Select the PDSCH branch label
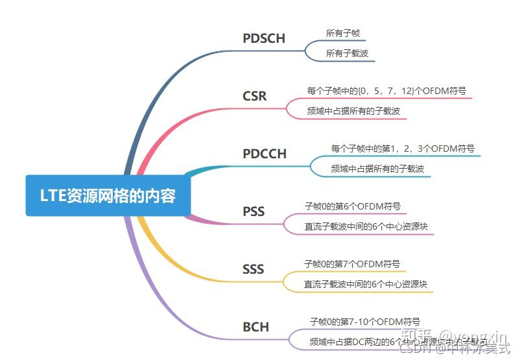pyautogui.click(x=264, y=38)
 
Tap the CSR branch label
pyautogui.click(x=254, y=97)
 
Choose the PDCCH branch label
pyautogui.click(x=265, y=154)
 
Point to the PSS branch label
pyautogui.click(x=254, y=211)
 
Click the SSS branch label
pyautogui.click(x=253, y=269)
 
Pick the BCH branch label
pyautogui.click(x=255, y=326)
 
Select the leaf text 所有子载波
pyautogui.click(x=347, y=53)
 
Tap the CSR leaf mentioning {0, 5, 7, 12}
pyautogui.click(x=386, y=91)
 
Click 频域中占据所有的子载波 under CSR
pyautogui.click(x=353, y=111)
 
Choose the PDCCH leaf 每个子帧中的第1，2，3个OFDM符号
pyautogui.click(x=403, y=149)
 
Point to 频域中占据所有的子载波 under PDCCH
pyautogui.click(x=377, y=169)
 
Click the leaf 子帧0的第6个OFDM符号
pyautogui.click(x=353, y=206)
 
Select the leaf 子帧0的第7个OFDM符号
pyautogui.click(x=352, y=264)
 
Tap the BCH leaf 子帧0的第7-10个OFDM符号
pyautogui.click(x=365, y=321)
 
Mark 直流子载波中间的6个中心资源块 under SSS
pyautogui.click(x=366, y=284)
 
